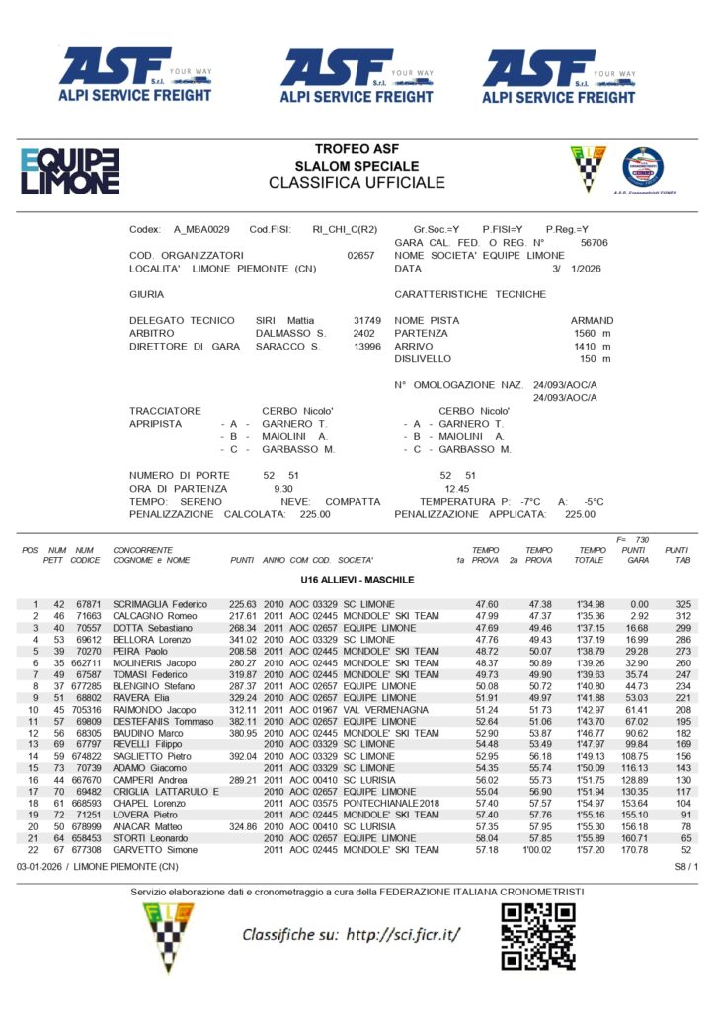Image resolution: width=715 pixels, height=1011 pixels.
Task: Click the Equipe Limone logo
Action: [x=70, y=170]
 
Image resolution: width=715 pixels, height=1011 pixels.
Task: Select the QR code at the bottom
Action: [x=537, y=935]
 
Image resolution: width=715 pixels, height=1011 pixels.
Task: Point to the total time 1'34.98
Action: [x=590, y=604]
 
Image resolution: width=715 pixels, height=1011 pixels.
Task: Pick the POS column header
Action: [x=30, y=550]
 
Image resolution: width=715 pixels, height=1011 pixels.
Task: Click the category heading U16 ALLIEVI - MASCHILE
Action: [x=357, y=580]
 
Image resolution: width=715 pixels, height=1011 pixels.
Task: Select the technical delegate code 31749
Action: [x=366, y=320]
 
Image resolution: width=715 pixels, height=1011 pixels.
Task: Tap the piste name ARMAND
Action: [x=592, y=320]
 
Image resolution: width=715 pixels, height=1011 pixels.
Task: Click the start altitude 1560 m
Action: [x=593, y=334]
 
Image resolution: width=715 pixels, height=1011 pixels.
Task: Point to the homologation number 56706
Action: [x=594, y=241]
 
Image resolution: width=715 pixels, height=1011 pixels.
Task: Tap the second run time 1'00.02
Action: [x=538, y=849]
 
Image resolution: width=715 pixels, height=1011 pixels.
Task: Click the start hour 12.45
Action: [x=456, y=488]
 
